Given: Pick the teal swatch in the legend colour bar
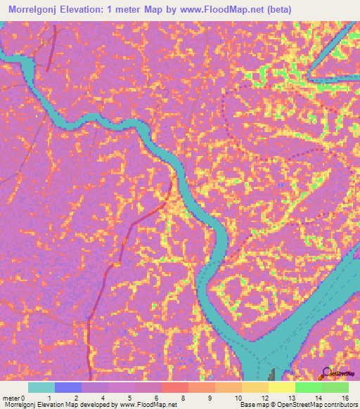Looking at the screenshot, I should tap(41, 387).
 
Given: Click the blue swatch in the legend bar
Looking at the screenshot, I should tap(68, 387).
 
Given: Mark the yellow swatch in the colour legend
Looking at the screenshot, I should tap(282, 387).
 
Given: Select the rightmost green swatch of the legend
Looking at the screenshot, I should tap(335, 387).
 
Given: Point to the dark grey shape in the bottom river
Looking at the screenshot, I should tap(274, 373).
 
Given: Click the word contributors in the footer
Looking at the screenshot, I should tap(340, 405).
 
